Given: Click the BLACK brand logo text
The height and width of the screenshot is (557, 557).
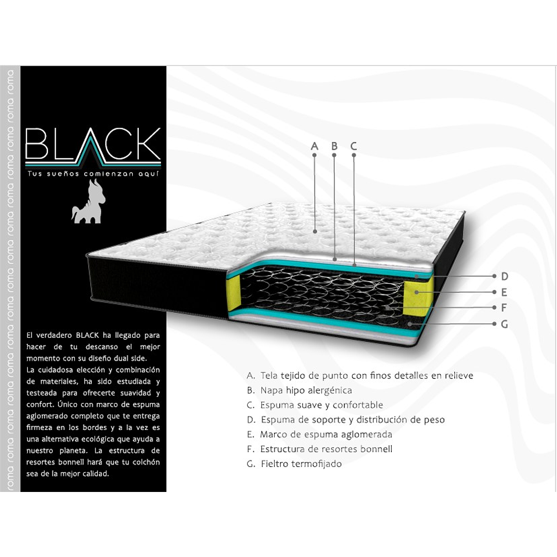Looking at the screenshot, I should coord(93,144).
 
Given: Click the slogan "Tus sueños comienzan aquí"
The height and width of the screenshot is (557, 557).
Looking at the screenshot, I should coord(93,174).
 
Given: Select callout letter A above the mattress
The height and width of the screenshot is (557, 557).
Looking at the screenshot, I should coord(315,146).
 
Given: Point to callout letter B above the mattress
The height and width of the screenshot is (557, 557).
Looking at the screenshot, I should coord(335,146).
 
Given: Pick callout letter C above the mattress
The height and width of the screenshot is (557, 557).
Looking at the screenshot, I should coord(354,146).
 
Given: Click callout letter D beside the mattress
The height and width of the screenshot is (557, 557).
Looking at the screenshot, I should coord(504,277).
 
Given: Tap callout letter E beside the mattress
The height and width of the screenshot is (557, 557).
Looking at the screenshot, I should coord(504,292).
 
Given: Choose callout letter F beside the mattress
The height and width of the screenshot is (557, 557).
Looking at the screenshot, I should coord(504,308).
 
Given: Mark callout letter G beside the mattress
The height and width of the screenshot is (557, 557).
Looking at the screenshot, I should coord(504,324).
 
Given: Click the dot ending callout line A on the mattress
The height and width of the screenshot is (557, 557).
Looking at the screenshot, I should coord(315,232).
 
